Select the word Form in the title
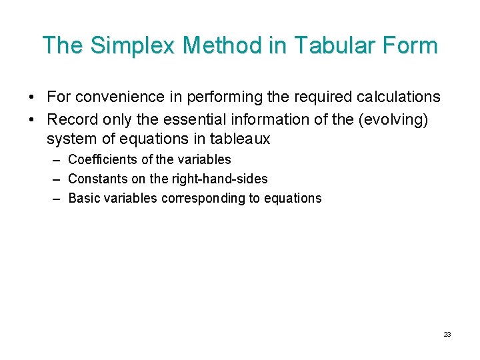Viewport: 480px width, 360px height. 409,45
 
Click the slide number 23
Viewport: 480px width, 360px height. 447,334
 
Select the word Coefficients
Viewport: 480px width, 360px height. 103,160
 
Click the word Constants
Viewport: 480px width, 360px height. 97,179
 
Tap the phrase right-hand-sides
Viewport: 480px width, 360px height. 225,179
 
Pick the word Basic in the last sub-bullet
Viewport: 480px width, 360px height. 83,199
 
